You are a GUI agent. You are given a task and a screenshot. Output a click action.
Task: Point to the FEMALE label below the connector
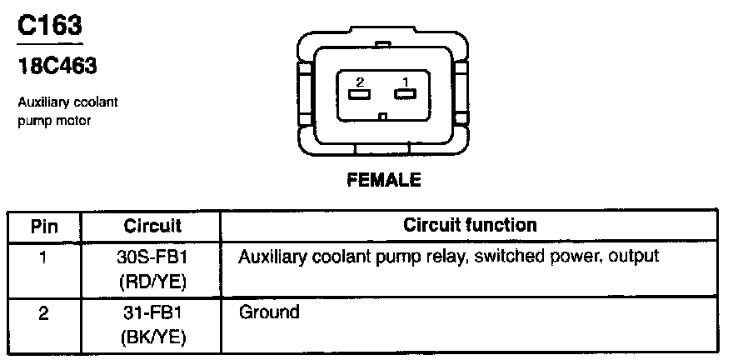tap(384, 179)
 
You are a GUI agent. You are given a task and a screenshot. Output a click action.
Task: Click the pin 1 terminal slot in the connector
tap(405, 94)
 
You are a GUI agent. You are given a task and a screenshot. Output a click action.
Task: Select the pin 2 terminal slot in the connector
tap(360, 94)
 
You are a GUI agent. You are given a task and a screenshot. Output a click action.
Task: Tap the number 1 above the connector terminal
tap(406, 82)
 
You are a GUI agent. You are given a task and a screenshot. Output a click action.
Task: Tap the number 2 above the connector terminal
tap(360, 82)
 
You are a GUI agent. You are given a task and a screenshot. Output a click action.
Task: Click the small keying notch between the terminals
tap(382, 117)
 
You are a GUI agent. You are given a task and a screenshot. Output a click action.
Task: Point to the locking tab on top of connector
tap(382, 42)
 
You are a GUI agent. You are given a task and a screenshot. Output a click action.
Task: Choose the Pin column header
tap(44, 226)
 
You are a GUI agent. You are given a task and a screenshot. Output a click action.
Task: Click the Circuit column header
tap(152, 226)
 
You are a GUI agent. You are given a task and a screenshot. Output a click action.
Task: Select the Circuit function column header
tap(470, 225)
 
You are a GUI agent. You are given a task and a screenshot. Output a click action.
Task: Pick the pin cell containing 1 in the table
tap(44, 256)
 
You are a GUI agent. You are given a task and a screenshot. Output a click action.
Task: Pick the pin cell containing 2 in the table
tap(44, 314)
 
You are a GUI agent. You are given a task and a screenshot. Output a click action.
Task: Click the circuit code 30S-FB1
tap(152, 256)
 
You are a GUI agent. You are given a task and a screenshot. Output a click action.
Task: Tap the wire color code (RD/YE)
tap(152, 282)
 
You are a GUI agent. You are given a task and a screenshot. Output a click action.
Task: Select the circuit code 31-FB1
tap(152, 314)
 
